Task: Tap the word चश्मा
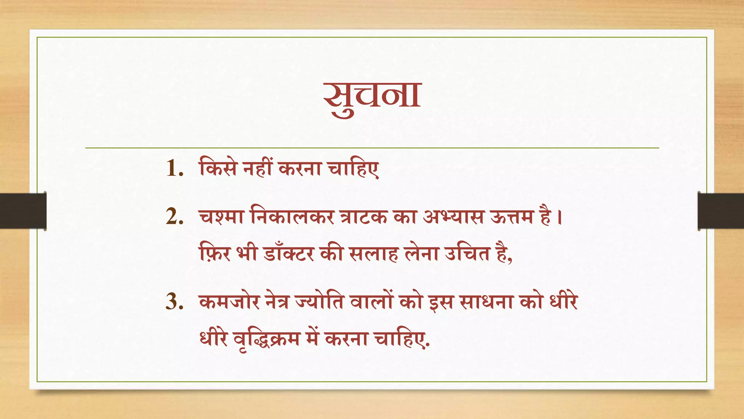[221, 218]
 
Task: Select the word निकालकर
[292, 218]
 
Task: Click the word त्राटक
[363, 218]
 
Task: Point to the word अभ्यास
[453, 218]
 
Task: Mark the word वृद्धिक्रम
[267, 339]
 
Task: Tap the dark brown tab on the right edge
[721, 211]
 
